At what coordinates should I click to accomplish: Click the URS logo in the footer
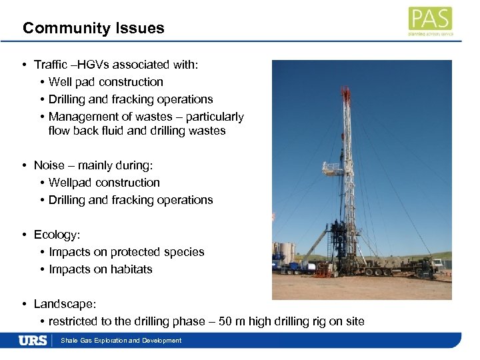pyautogui.click(x=33, y=341)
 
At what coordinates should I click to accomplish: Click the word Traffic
pyautogui.click(x=50, y=65)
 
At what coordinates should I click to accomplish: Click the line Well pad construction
pyautogui.click(x=106, y=82)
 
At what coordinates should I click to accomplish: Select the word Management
pyautogui.click(x=80, y=117)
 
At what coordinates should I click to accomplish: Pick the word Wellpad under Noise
pyautogui.click(x=70, y=183)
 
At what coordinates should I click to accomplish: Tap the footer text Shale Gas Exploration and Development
pyautogui.click(x=121, y=341)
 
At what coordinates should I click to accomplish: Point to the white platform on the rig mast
pyautogui.click(x=332, y=168)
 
